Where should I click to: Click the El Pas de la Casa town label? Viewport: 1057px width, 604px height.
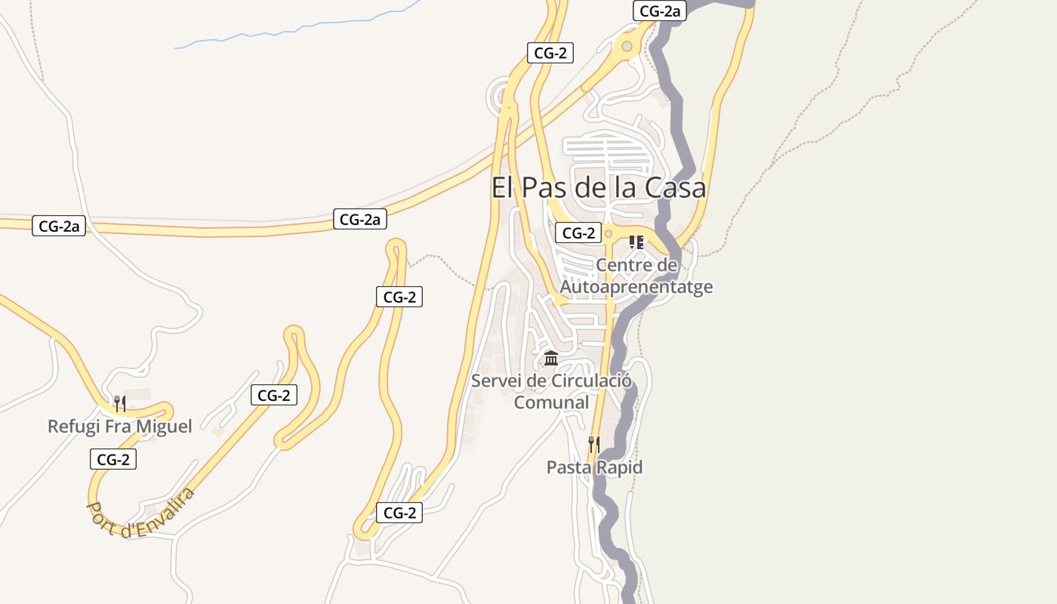point(598,187)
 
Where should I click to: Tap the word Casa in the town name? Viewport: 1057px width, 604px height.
point(673,187)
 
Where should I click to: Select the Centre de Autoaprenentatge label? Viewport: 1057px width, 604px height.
point(636,276)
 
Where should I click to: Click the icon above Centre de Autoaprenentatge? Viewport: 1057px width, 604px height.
point(636,242)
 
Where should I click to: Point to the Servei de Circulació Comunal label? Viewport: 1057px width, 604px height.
point(551,391)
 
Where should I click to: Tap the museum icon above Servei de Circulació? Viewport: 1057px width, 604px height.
point(551,358)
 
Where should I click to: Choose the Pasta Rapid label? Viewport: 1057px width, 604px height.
point(594,467)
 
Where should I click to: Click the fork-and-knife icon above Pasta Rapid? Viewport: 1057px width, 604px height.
point(594,444)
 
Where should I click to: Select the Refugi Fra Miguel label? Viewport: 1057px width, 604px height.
point(119,427)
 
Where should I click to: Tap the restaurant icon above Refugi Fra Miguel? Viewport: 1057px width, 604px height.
point(119,403)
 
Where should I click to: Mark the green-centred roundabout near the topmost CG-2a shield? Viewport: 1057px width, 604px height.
point(627,47)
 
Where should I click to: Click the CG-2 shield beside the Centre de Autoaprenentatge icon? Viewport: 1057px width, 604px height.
point(578,233)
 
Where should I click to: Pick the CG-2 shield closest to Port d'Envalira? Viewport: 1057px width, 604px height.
point(113,459)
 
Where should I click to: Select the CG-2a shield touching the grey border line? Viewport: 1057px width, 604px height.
point(659,11)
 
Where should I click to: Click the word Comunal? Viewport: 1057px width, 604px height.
point(551,402)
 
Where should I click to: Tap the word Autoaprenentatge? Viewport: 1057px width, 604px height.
point(636,287)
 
